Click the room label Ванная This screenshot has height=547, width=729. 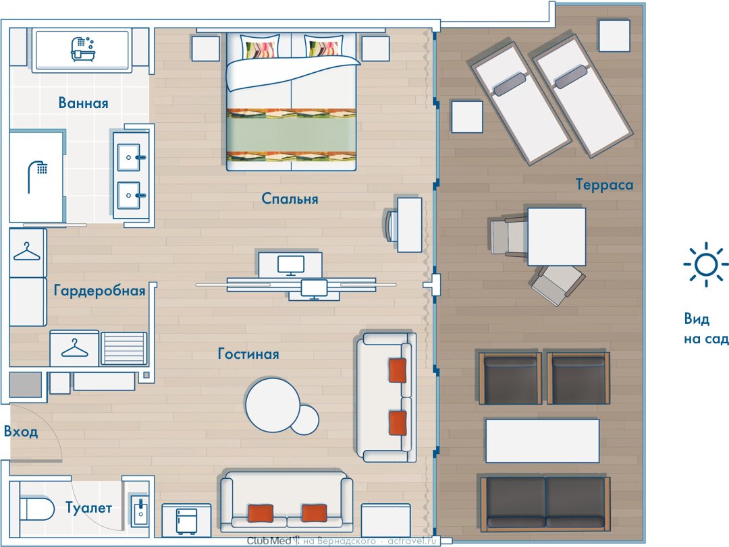point(83,103)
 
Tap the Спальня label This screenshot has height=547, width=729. point(290,198)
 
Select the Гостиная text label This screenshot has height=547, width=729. point(248,353)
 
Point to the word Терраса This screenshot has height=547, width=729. point(604,185)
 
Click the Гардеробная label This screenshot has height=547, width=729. point(99,291)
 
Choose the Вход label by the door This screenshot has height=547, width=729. point(21,431)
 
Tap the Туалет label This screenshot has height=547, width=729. point(88,507)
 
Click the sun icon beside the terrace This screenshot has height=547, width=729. point(706,264)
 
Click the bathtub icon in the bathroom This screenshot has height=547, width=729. point(82,49)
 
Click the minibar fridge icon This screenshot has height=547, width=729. point(186,521)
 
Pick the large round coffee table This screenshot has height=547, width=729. point(273,405)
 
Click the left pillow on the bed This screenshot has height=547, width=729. point(261,47)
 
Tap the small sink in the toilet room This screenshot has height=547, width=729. point(140,511)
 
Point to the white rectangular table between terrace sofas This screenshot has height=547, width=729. point(542,440)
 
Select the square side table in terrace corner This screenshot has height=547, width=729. point(614,35)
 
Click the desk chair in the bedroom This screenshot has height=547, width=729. point(391,225)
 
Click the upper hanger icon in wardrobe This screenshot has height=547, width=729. point(27,252)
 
